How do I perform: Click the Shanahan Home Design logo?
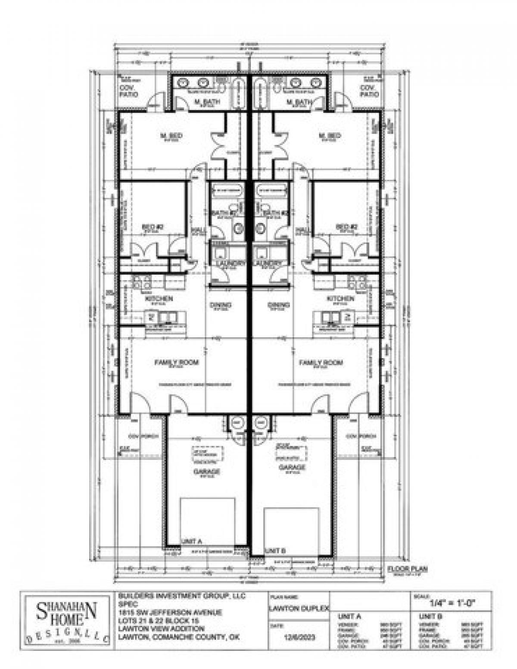click(66, 620)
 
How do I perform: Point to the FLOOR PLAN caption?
click(408, 569)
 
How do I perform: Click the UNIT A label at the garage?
click(192, 541)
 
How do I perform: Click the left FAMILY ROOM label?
click(177, 362)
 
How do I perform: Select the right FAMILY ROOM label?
click(321, 362)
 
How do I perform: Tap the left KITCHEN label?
click(159, 298)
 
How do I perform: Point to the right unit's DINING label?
click(278, 305)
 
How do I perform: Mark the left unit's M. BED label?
click(171, 136)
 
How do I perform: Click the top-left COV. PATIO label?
click(128, 91)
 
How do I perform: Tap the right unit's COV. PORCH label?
click(361, 436)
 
